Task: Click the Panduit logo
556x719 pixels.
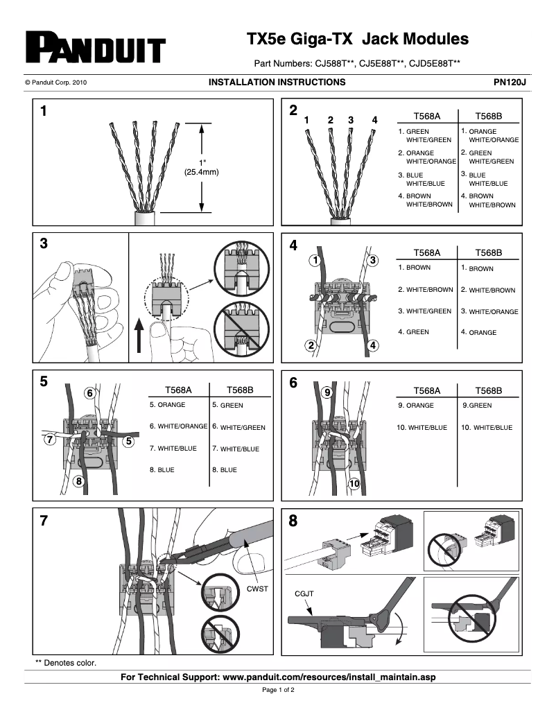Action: click(x=96, y=48)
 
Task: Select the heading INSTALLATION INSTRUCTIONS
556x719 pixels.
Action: click(x=277, y=82)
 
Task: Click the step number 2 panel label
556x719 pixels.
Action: click(x=293, y=111)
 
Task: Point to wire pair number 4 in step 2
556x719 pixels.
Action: click(x=374, y=120)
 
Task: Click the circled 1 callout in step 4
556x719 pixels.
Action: click(x=315, y=261)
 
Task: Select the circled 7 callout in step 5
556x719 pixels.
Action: click(x=49, y=440)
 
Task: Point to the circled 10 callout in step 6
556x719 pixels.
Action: click(x=354, y=483)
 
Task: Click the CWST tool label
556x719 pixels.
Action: click(x=257, y=589)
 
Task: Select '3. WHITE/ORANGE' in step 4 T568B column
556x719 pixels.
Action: click(x=489, y=311)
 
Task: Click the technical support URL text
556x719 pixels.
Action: click(x=278, y=677)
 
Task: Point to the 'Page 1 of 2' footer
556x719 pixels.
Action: click(x=278, y=691)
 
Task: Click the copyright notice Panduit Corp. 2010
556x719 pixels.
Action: click(x=55, y=83)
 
